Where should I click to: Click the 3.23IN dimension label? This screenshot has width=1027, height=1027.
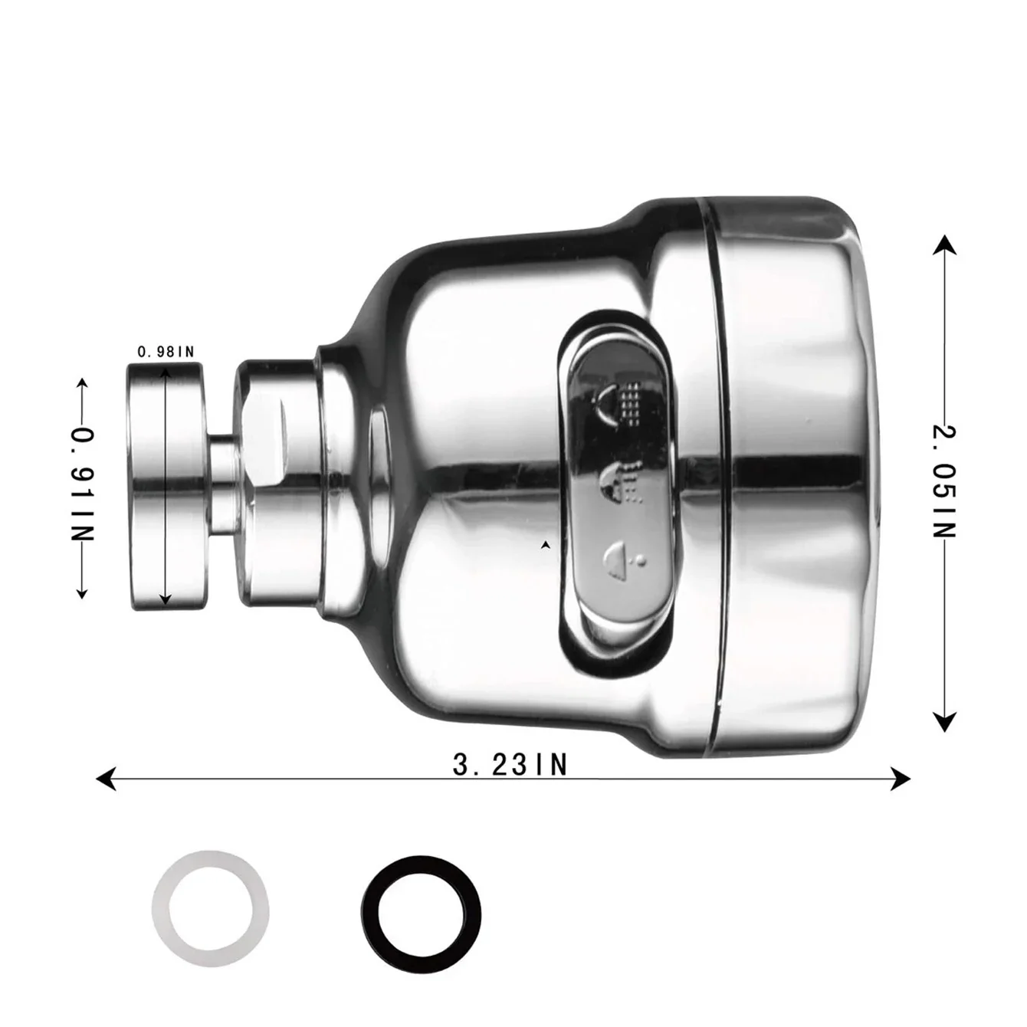tap(510, 764)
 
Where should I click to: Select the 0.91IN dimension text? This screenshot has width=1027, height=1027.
tap(82, 484)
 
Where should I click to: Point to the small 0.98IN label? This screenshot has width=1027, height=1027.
tap(166, 352)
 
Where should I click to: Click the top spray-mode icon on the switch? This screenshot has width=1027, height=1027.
tap(619, 402)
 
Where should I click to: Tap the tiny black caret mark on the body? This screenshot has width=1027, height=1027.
tap(545, 545)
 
